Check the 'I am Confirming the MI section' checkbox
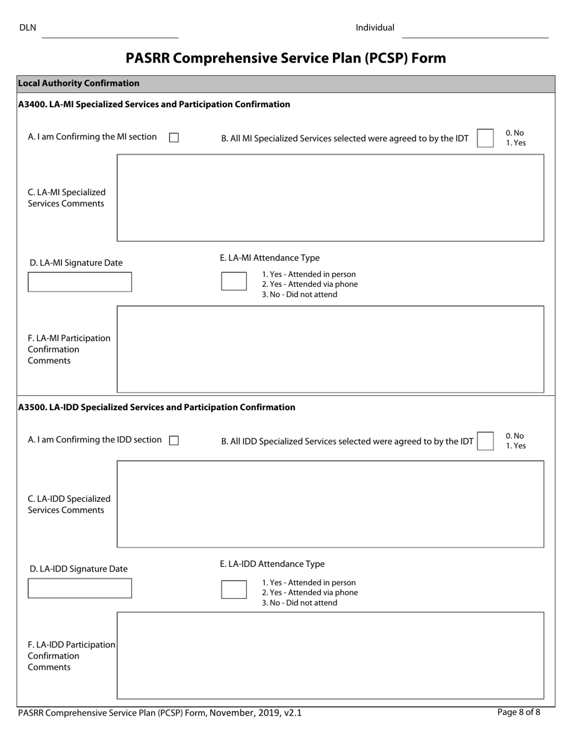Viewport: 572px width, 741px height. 174,138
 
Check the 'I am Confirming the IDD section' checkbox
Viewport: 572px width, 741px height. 174,440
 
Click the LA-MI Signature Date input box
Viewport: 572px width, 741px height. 79,282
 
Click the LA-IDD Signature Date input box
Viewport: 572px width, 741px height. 79,588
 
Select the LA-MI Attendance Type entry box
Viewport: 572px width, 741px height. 234,281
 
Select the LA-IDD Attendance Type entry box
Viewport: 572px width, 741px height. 234,589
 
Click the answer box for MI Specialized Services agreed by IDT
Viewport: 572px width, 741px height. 485,138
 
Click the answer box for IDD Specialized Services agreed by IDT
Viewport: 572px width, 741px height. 485,441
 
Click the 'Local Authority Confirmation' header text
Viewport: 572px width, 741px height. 79,84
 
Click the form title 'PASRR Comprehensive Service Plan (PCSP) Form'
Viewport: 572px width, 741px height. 286,58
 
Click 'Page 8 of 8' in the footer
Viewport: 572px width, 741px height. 518,712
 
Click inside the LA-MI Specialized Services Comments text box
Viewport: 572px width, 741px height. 330,198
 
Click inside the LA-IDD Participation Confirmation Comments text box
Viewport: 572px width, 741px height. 330,655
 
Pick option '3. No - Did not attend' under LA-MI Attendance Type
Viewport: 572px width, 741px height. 299,295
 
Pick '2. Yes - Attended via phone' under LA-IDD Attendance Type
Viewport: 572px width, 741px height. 309,593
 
